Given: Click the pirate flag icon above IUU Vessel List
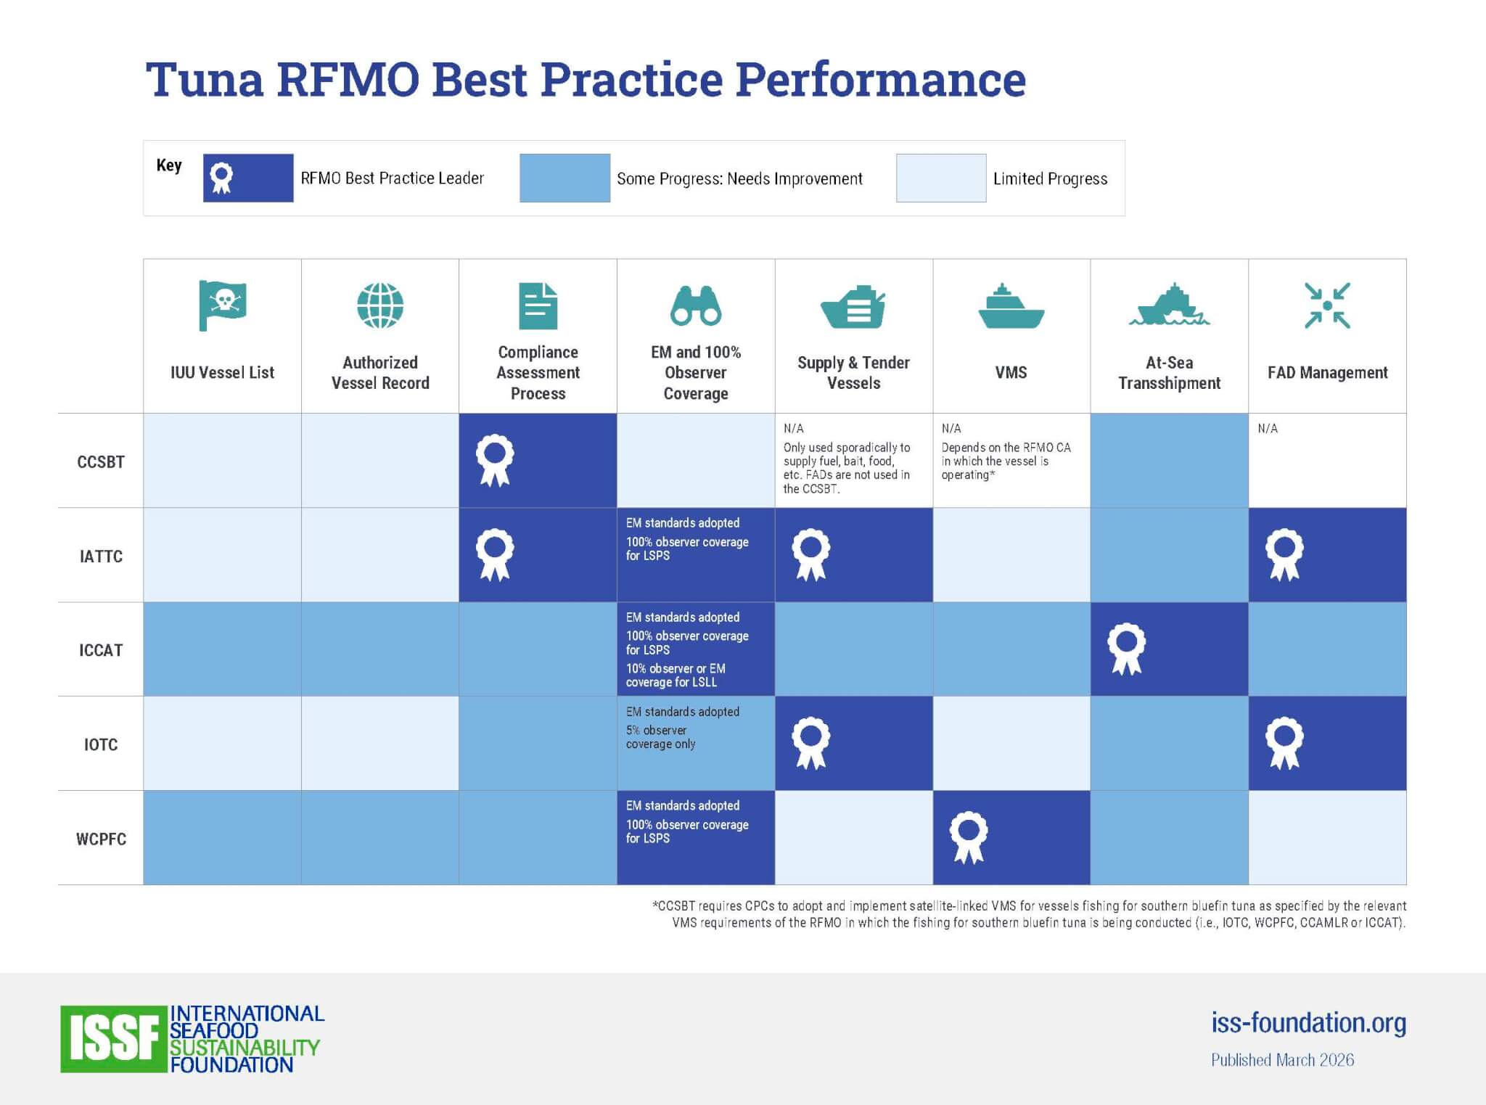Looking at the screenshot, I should (x=222, y=305).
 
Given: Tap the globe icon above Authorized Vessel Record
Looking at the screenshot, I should (x=380, y=305).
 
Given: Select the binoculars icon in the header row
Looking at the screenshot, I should (x=695, y=305).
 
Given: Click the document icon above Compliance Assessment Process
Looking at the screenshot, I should (x=538, y=306).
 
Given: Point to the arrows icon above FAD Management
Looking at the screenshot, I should (x=1327, y=305).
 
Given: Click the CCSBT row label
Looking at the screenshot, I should (x=101, y=462).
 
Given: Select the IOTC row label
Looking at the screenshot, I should (x=101, y=744).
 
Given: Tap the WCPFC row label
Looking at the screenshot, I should (x=101, y=839).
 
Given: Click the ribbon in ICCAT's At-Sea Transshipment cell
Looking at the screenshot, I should (x=1126, y=649).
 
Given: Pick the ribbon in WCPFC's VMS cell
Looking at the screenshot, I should (x=969, y=837).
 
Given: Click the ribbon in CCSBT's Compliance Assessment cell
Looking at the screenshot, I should (x=495, y=460).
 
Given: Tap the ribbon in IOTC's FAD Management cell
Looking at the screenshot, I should (x=1284, y=743).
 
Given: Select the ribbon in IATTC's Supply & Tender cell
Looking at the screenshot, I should (x=810, y=554).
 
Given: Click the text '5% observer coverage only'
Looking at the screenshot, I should (x=660, y=737).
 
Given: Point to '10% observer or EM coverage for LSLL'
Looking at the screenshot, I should (x=676, y=675).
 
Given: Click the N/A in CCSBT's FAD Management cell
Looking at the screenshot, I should (x=1268, y=429).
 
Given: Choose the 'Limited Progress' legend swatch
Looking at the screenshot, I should (x=941, y=178).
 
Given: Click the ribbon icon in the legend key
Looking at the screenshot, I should (x=221, y=178).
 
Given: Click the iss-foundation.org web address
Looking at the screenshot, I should (x=1308, y=1022).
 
